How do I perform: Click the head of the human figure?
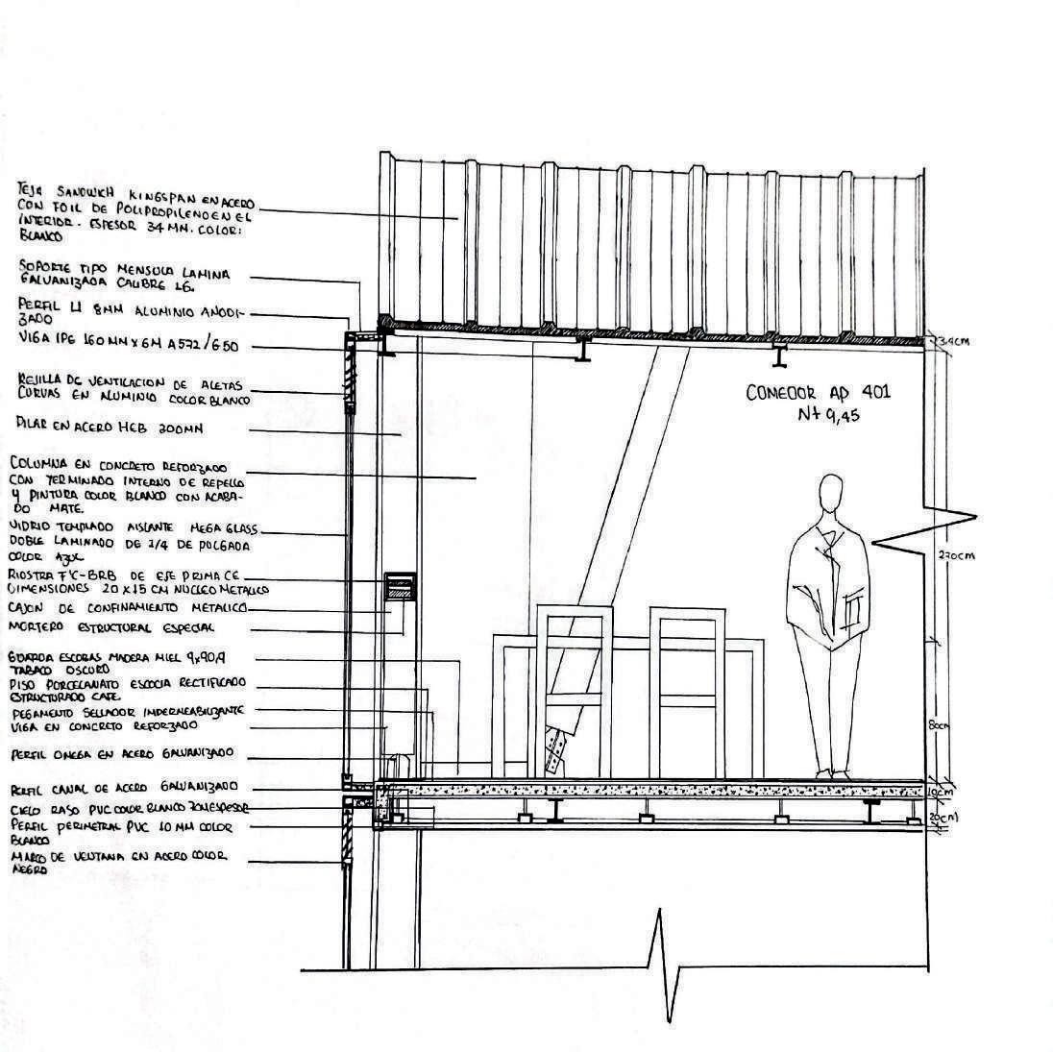[x=832, y=498]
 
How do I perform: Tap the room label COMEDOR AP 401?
[x=818, y=392]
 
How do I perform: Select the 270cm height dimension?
[x=949, y=555]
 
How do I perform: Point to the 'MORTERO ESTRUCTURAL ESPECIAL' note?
[x=110, y=627]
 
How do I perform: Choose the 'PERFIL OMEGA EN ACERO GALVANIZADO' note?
[x=121, y=754]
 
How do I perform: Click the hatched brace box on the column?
[x=401, y=587]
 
